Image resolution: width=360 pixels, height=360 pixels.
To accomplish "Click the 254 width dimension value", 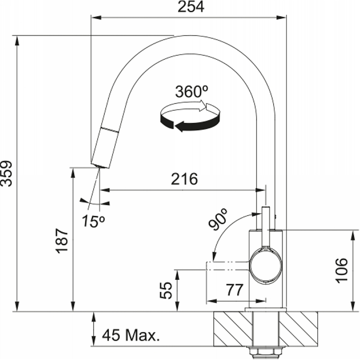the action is tap(191, 7).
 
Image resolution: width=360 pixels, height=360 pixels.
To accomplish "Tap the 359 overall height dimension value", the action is tap(6, 173).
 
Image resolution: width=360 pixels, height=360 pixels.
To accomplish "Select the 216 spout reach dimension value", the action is tap(184, 179).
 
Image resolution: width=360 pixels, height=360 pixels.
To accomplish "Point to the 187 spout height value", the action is tap(62, 241).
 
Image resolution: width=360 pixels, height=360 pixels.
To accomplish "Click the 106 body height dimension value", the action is tap(342, 270).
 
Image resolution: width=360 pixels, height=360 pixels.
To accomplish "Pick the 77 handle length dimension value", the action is tap(234, 290).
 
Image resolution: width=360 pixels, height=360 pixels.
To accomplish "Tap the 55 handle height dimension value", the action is tap(166, 290).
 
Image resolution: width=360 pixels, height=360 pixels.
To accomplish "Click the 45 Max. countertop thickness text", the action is tap(130, 335).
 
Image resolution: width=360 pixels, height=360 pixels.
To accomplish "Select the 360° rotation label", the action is tap(192, 91).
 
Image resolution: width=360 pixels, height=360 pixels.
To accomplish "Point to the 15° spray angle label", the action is tap(94, 221).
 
